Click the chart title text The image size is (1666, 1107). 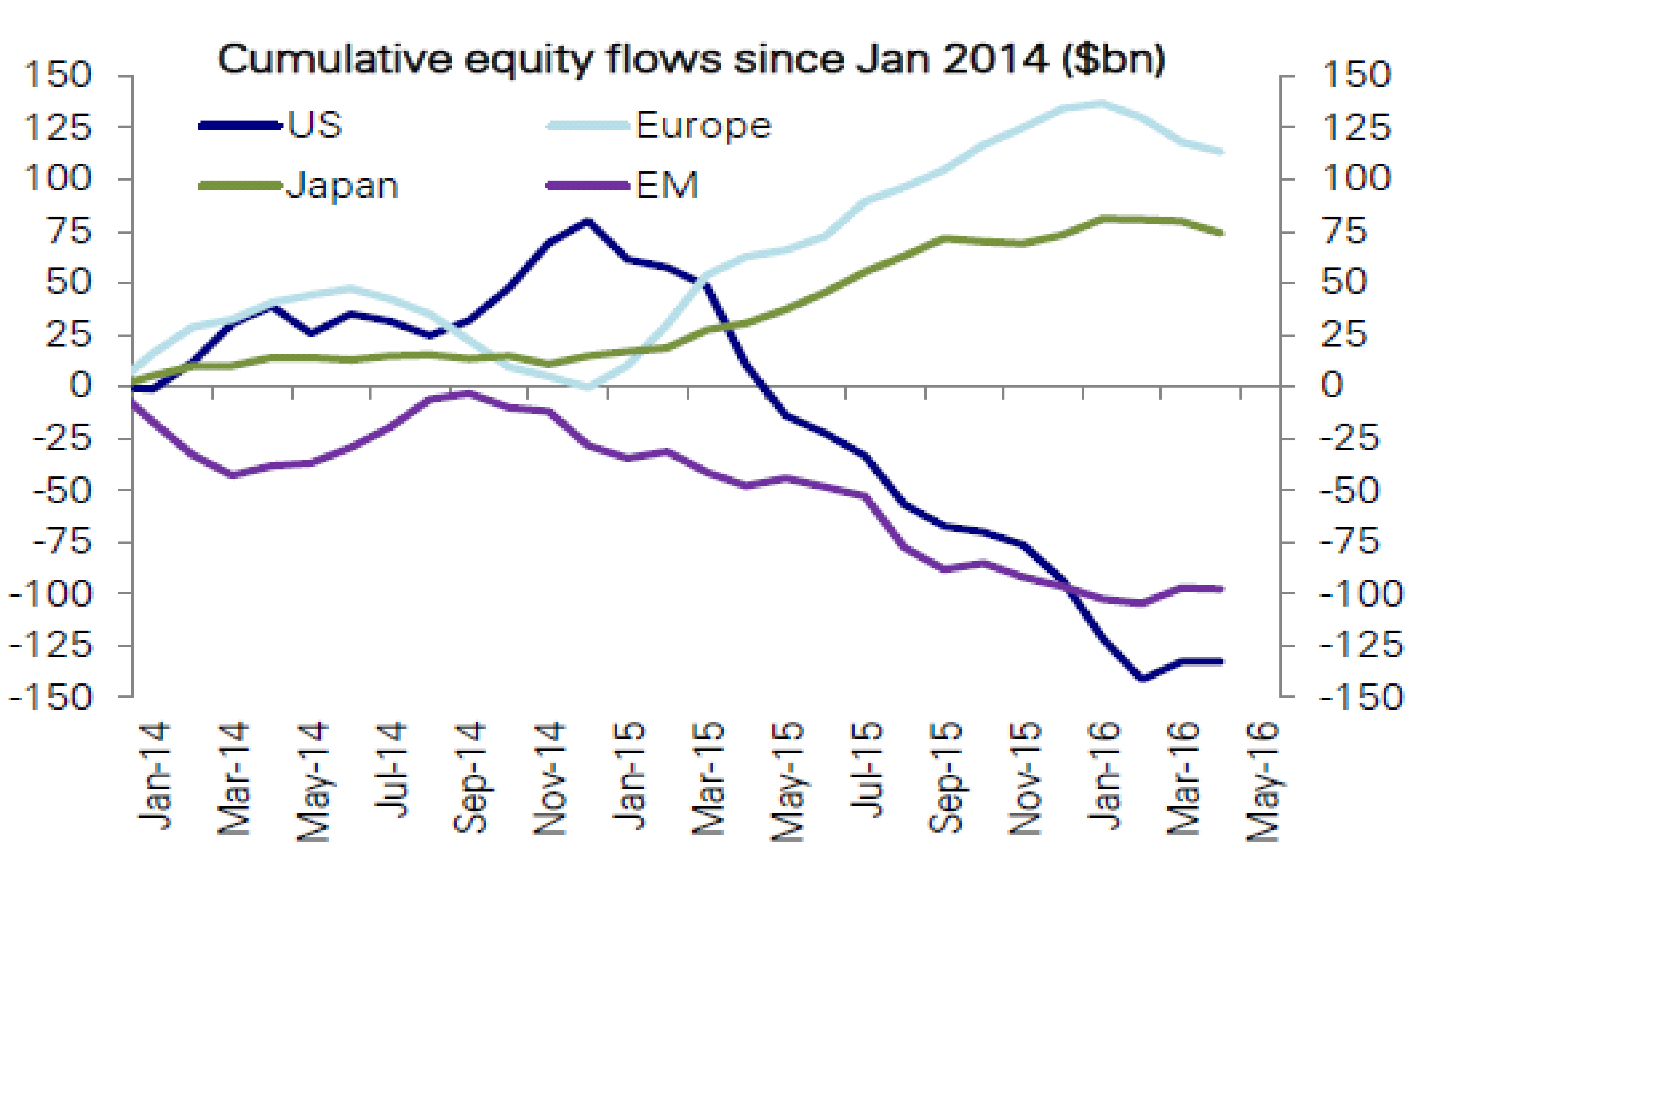tap(691, 59)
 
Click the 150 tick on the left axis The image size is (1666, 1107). tap(58, 75)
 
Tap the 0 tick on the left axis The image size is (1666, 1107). tap(80, 385)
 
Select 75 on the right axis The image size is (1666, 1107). tap(1344, 231)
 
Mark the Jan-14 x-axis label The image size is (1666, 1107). tap(154, 775)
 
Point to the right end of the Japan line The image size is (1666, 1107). tap(1222, 233)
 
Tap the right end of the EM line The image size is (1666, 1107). tap(1222, 589)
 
